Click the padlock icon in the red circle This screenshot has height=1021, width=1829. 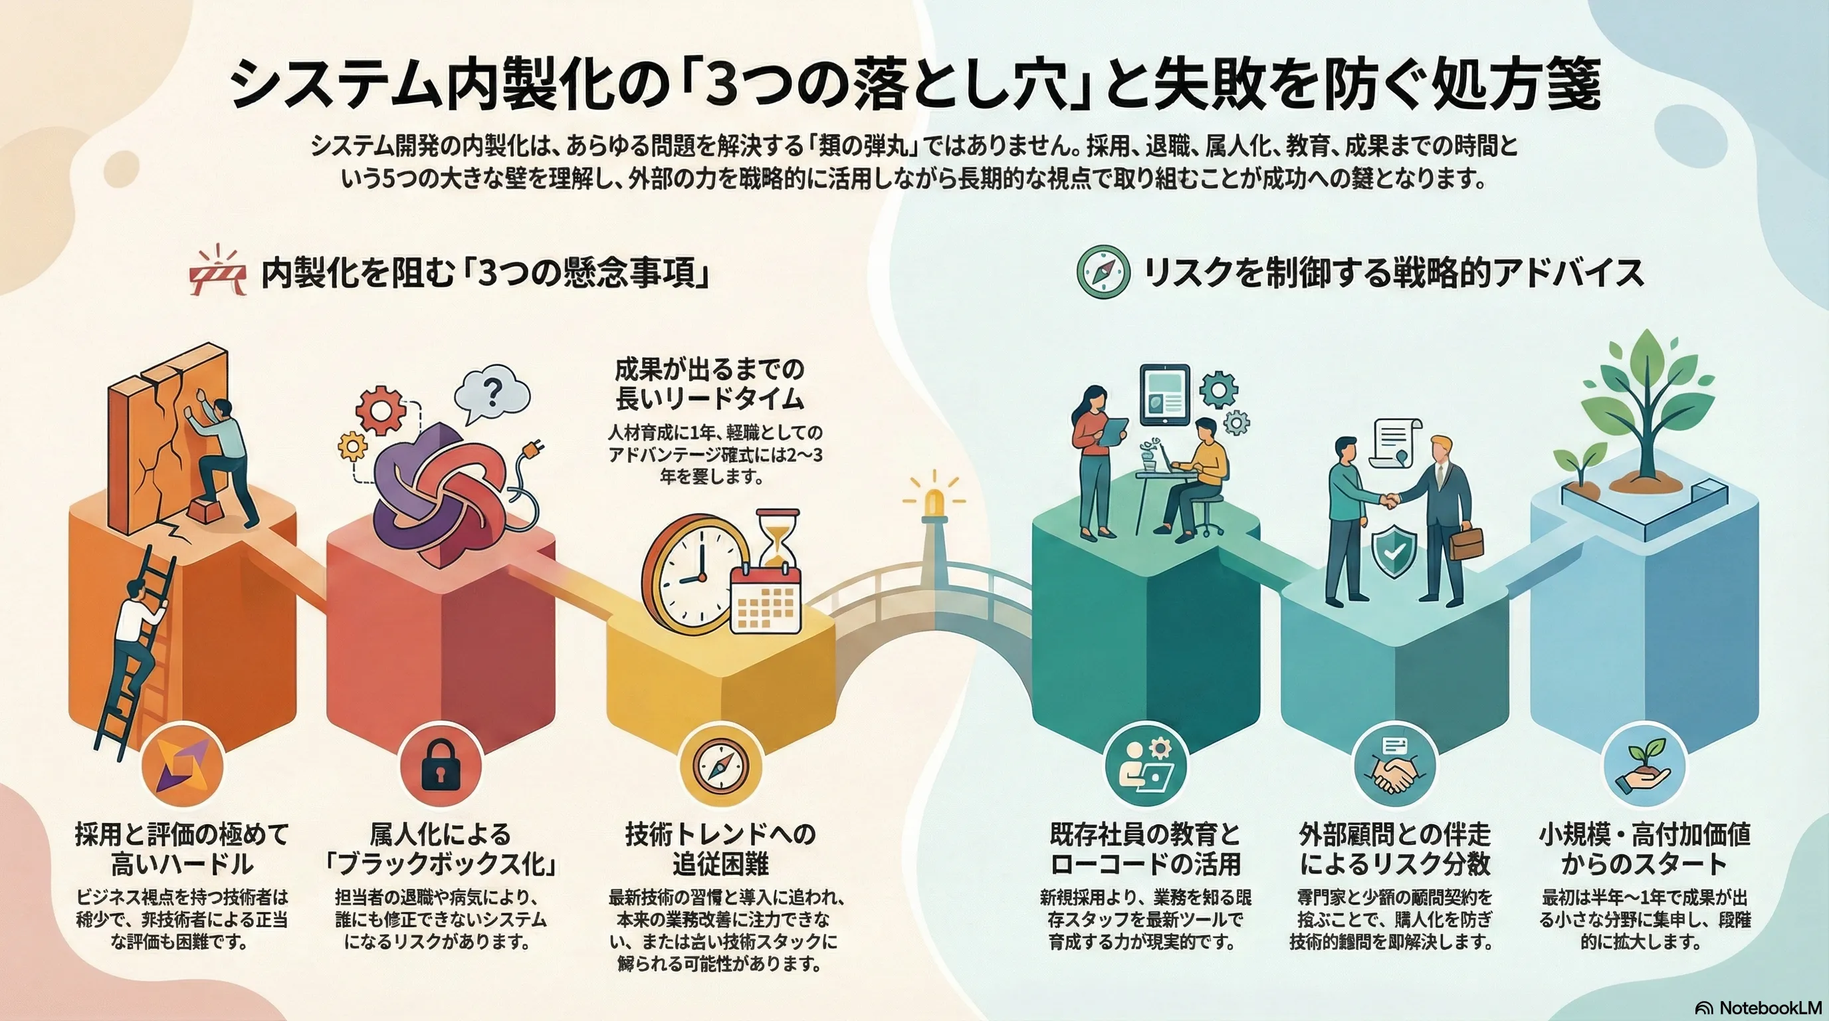pos(439,767)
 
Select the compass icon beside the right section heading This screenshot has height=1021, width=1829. pos(1103,272)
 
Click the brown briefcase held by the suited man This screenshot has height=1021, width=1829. pos(1467,544)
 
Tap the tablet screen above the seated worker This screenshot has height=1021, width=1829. pos(1164,395)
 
